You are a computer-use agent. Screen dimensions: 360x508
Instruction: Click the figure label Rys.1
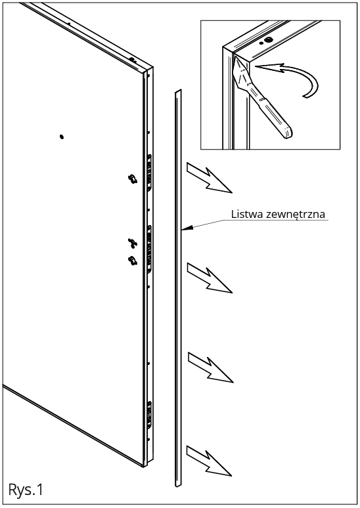point(26,490)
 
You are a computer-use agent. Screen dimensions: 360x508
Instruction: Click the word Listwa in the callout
point(247,214)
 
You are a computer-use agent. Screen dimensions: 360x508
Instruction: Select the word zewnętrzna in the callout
point(296,215)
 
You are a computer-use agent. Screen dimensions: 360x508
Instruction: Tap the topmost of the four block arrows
point(210,178)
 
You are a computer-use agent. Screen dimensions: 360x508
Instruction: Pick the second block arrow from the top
point(210,278)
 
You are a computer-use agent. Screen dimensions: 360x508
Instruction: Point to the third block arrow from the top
point(210,368)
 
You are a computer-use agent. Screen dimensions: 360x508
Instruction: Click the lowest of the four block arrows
point(209,461)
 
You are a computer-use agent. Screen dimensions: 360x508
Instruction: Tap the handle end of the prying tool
point(286,132)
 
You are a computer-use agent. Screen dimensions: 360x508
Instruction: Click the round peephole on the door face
point(62,137)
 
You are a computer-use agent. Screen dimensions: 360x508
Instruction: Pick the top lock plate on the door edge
point(149,174)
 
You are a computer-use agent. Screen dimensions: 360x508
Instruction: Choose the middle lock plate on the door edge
point(150,249)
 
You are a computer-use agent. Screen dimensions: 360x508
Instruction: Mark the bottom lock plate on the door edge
point(150,415)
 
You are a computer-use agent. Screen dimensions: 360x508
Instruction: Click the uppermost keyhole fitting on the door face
point(133,179)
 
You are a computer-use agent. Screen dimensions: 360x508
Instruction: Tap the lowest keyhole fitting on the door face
point(133,261)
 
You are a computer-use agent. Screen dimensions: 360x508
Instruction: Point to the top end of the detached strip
point(179,91)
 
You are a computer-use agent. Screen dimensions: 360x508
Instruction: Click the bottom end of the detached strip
point(179,484)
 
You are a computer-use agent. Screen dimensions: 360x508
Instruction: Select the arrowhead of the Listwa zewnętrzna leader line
point(185,228)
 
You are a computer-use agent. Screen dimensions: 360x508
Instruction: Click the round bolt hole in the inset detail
point(268,40)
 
